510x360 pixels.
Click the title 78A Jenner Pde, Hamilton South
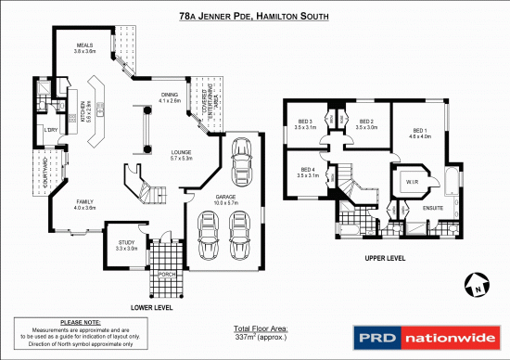pos(254,16)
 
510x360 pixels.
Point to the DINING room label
pos(171,96)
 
